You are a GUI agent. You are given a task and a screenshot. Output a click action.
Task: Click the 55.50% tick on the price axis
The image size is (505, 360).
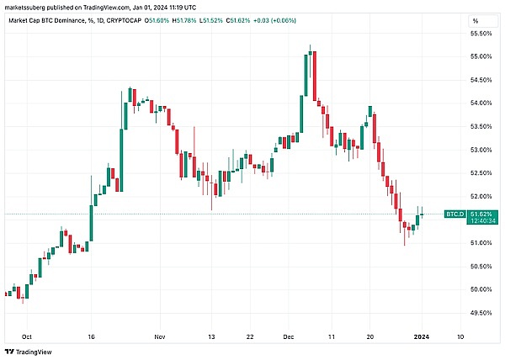point(481,33)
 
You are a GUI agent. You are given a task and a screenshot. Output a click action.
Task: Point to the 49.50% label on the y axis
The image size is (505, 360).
point(481,313)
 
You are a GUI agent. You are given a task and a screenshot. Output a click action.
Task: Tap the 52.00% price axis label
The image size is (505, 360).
point(481,197)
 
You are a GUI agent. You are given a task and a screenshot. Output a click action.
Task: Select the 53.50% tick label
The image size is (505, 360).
point(481,126)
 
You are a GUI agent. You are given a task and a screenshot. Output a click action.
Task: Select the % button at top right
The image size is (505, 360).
point(476,19)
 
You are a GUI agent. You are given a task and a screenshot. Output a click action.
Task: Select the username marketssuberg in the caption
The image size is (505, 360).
point(29,6)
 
